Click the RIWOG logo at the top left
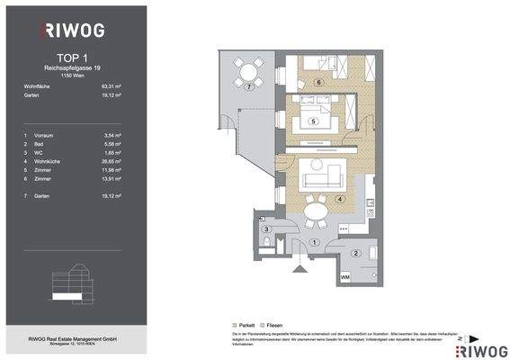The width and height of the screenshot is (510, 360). click(x=72, y=31)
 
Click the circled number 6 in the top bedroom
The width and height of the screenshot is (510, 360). click(x=318, y=82)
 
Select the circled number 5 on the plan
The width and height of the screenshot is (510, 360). click(x=312, y=121)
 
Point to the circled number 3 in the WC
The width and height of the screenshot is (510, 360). click(x=265, y=230)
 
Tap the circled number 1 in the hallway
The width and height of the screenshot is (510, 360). click(x=313, y=242)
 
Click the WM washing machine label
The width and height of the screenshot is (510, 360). click(x=345, y=277)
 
